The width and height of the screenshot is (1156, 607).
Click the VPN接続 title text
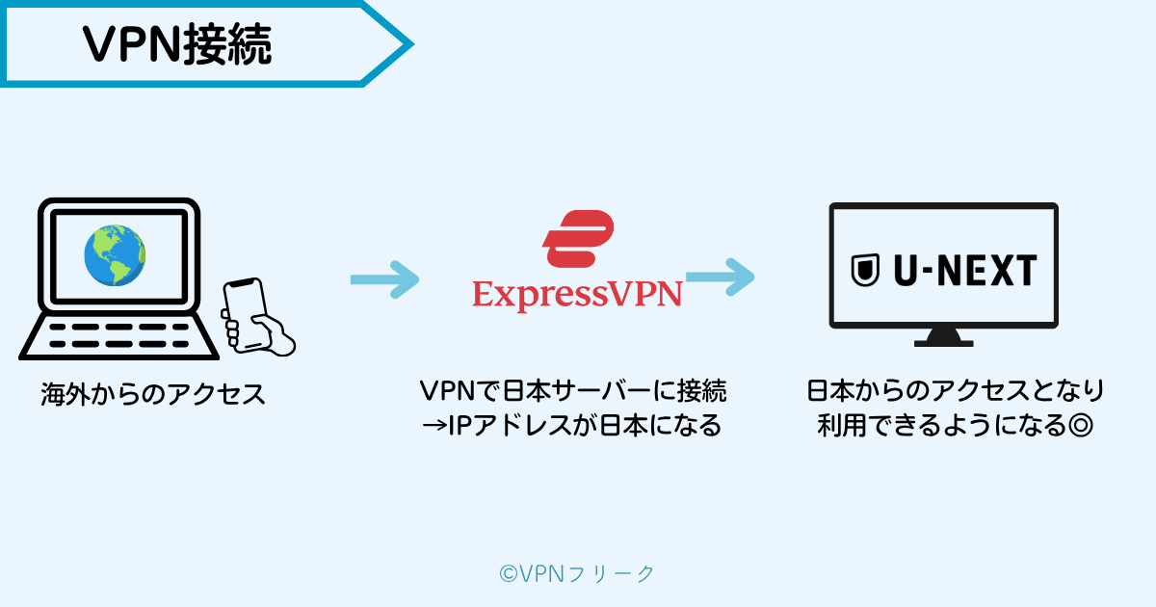pos(178,43)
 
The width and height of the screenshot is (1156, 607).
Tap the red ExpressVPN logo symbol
pos(578,239)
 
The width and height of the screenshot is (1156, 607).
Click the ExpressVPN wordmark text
pos(577,293)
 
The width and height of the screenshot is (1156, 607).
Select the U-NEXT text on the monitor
pos(962,270)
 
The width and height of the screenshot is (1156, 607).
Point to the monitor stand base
pos(943,339)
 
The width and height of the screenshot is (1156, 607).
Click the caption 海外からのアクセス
pos(153,394)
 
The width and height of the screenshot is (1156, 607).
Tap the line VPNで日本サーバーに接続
pos(573,391)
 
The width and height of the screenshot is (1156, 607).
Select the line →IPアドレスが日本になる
pos(573,425)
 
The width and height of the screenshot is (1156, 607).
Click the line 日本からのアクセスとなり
pos(955,391)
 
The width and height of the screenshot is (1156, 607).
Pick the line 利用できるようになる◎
pos(955,425)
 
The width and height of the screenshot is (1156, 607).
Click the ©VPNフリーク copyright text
pos(577,573)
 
